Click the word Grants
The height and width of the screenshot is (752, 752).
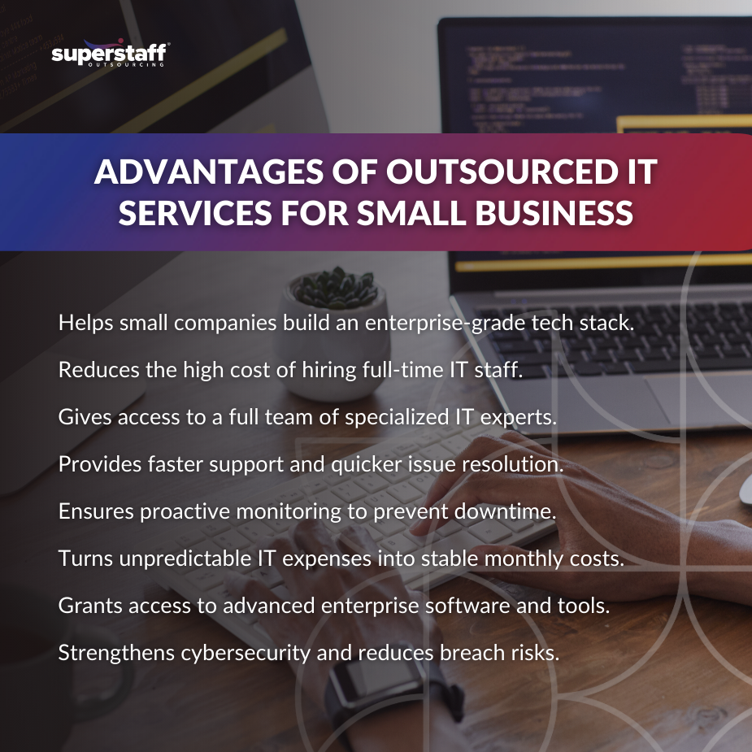pos(85,606)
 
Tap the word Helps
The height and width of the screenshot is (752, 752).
pos(84,322)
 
